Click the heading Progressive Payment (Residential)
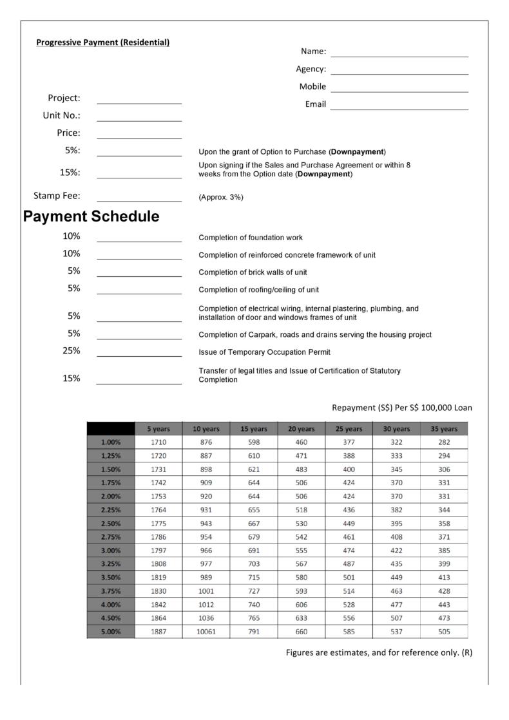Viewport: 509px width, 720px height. [103, 43]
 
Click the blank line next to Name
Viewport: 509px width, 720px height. [399, 52]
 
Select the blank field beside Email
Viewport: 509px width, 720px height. [399, 105]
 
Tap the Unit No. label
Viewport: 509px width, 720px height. [61, 116]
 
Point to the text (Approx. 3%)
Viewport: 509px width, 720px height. [221, 197]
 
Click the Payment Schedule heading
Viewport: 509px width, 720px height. [91, 216]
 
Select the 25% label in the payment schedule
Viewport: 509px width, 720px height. [72, 351]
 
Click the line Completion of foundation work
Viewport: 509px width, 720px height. [251, 238]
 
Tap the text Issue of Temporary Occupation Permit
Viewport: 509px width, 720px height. [265, 352]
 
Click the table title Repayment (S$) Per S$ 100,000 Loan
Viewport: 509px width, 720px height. [402, 408]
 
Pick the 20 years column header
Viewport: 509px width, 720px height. [302, 429]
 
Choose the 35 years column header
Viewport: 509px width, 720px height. [444, 429]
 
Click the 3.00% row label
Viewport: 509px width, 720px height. [111, 551]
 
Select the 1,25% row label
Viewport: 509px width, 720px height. [111, 456]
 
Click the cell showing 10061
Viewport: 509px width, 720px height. [206, 632]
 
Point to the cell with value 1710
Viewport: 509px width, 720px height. [158, 442]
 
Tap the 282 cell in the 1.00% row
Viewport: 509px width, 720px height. [444, 442]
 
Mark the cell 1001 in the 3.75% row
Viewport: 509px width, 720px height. [206, 591]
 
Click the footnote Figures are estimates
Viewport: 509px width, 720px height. [379, 652]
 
